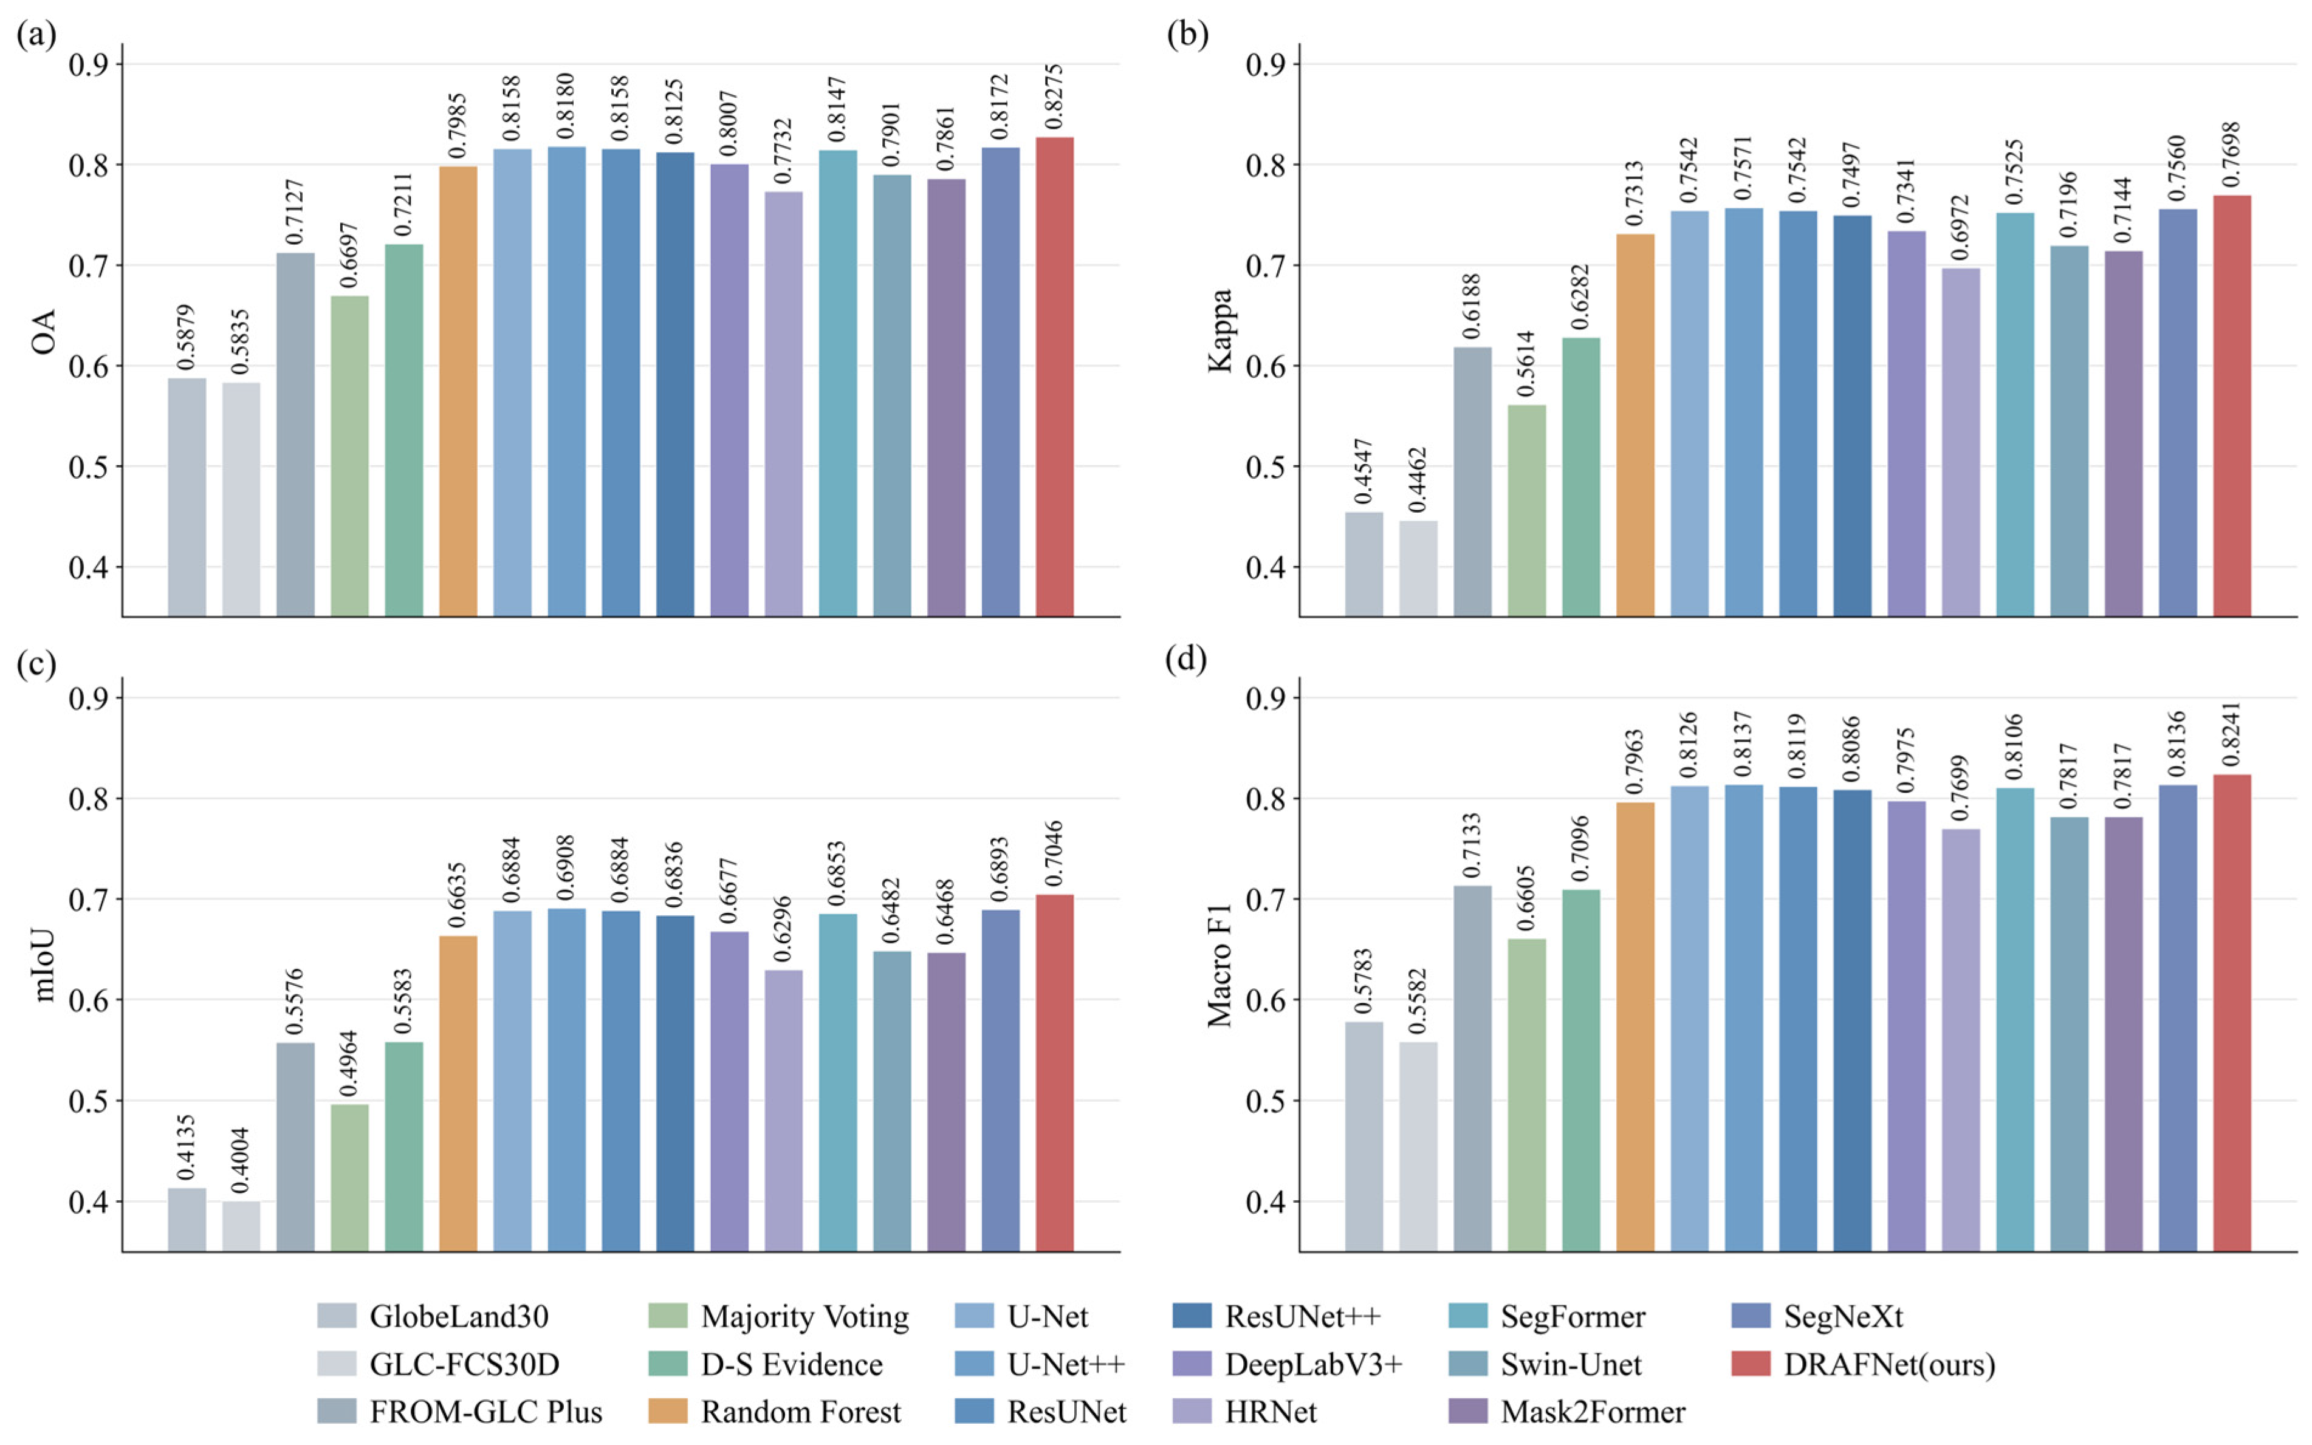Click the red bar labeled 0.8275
(1054, 377)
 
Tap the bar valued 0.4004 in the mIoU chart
(241, 1226)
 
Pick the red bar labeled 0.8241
(2232, 1013)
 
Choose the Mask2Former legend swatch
(1467, 1412)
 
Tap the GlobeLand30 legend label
(459, 1316)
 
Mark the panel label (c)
(36, 663)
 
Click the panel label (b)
(1187, 35)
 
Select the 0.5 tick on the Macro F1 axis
(1266, 1100)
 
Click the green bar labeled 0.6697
(350, 456)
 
